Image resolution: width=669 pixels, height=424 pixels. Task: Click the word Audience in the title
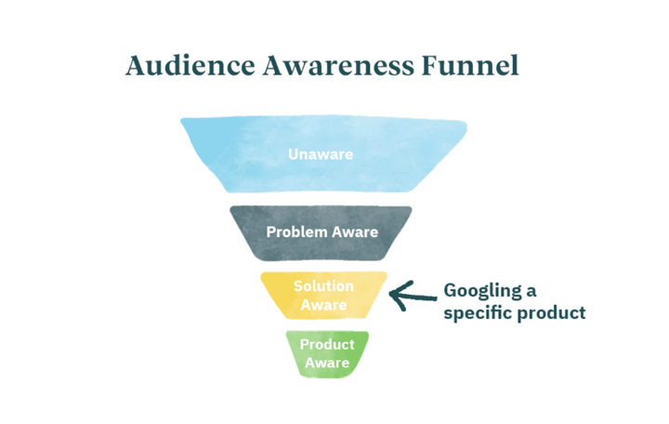[x=190, y=66]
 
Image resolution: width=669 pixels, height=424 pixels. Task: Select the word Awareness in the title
[x=338, y=66]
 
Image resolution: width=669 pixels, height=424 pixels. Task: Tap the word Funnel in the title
[x=470, y=66]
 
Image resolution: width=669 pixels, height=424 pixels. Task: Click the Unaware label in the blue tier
[x=321, y=154]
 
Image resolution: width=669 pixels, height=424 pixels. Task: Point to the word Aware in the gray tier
[x=355, y=232]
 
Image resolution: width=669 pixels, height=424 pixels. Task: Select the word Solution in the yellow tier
[x=324, y=286]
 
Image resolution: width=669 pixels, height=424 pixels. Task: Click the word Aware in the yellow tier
[x=324, y=305]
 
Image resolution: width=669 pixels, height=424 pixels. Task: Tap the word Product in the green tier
[x=327, y=344]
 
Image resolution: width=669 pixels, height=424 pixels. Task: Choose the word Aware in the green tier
[x=327, y=363]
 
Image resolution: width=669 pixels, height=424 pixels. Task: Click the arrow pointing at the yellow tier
[x=413, y=295]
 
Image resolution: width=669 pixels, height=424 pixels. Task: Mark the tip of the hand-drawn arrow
[x=390, y=293]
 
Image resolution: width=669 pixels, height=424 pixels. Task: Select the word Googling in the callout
[x=482, y=291]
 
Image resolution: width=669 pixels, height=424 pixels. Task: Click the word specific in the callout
[x=477, y=313]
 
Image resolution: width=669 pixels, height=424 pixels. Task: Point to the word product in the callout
[x=551, y=313]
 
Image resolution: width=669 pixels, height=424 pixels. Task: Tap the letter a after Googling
[x=531, y=293]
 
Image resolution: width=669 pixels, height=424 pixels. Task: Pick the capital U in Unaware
[x=293, y=154]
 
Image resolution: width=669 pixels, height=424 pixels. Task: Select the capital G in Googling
[x=450, y=290]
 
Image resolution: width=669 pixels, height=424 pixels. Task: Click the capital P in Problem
[x=271, y=232]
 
